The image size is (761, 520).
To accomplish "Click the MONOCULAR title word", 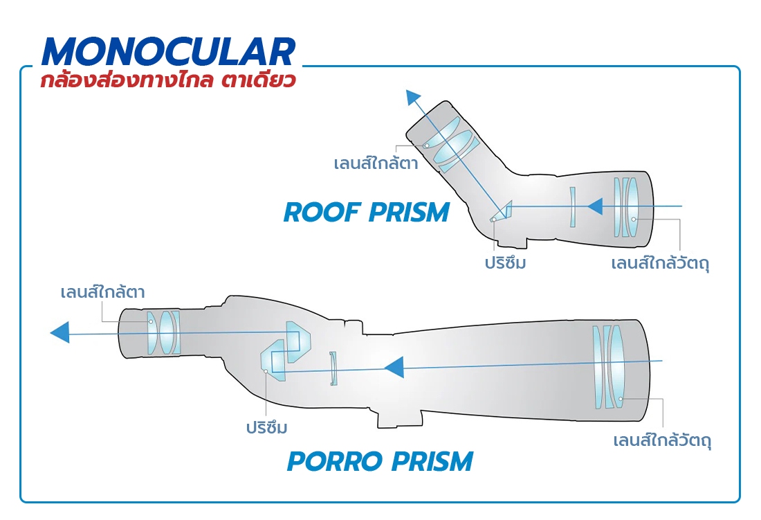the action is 168,51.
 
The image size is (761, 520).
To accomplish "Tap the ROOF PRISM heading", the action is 367,213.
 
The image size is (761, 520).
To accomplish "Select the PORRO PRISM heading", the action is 380,461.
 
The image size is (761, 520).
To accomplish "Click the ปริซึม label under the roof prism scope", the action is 505,262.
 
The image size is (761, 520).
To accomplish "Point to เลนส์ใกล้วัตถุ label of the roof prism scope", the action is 660,263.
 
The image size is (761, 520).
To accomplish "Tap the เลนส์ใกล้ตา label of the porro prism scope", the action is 102,292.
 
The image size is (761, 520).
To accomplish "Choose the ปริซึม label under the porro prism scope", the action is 266,428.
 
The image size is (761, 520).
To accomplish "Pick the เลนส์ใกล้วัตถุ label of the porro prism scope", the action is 662,441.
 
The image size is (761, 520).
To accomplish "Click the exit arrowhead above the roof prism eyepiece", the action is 413,97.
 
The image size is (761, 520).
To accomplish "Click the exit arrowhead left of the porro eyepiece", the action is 59,333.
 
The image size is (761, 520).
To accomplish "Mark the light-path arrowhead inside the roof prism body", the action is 595,206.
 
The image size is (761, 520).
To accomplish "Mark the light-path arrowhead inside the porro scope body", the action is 394,367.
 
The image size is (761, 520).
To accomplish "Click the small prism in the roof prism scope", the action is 501,212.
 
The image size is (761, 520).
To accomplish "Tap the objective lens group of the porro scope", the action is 608,367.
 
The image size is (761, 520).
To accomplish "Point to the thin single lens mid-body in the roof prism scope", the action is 573,207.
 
